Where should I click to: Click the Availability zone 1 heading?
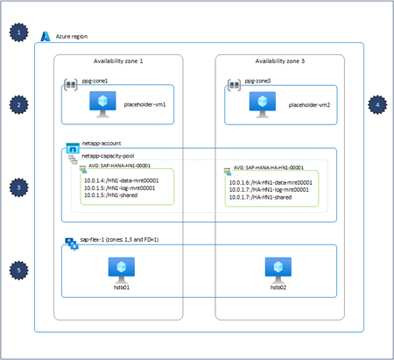click(x=117, y=61)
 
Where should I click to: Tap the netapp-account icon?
click(x=73, y=145)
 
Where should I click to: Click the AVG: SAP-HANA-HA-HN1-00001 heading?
click(x=269, y=166)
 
